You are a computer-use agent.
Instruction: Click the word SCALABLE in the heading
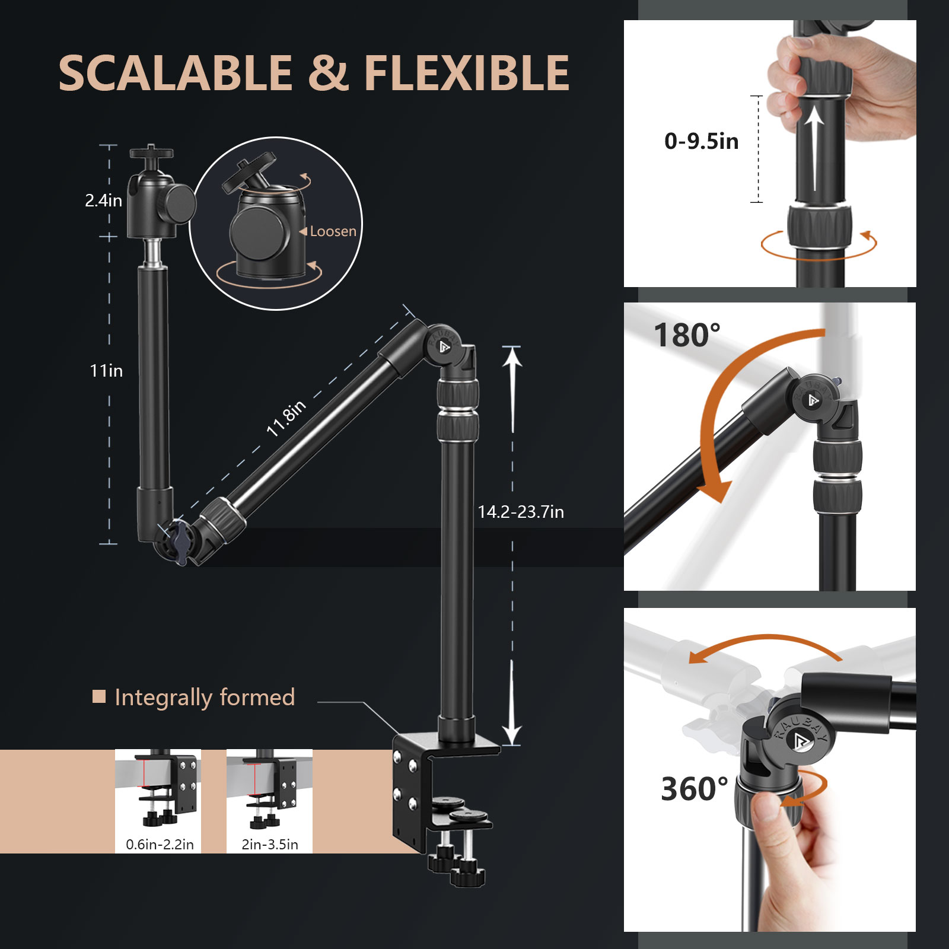point(176,73)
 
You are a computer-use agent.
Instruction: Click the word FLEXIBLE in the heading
point(466,73)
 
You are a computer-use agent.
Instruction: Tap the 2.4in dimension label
point(103,200)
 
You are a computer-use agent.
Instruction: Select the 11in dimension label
point(106,371)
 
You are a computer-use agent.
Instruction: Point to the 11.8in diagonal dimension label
point(286,418)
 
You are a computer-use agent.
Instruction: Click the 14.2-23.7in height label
point(521,512)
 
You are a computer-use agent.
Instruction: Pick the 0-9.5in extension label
point(701,141)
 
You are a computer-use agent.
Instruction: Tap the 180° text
point(687,335)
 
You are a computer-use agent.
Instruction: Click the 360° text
point(694,789)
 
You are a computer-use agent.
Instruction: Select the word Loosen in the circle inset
point(333,231)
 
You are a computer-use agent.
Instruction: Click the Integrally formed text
point(205,697)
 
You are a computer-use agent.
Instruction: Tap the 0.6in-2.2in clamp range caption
point(160,844)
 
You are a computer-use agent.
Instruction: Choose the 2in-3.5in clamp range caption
point(270,844)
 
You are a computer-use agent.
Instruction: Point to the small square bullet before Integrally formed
point(99,696)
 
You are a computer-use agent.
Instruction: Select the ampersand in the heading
point(328,73)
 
